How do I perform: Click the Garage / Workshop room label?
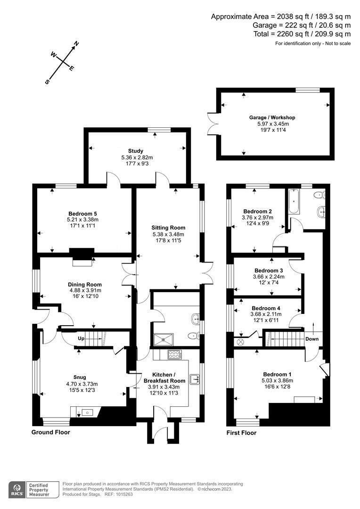click(x=272, y=117)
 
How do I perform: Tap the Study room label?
click(x=135, y=151)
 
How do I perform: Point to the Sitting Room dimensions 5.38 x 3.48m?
click(x=168, y=234)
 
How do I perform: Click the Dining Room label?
click(x=85, y=284)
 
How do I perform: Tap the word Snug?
click(x=79, y=377)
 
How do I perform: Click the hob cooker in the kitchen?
click(x=174, y=354)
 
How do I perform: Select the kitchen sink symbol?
click(x=194, y=378)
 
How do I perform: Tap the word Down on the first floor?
click(x=312, y=338)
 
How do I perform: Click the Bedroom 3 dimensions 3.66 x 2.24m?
click(x=269, y=277)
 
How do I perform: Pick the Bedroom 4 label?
click(x=266, y=308)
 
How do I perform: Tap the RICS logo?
click(x=19, y=488)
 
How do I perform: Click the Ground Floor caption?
click(x=50, y=432)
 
